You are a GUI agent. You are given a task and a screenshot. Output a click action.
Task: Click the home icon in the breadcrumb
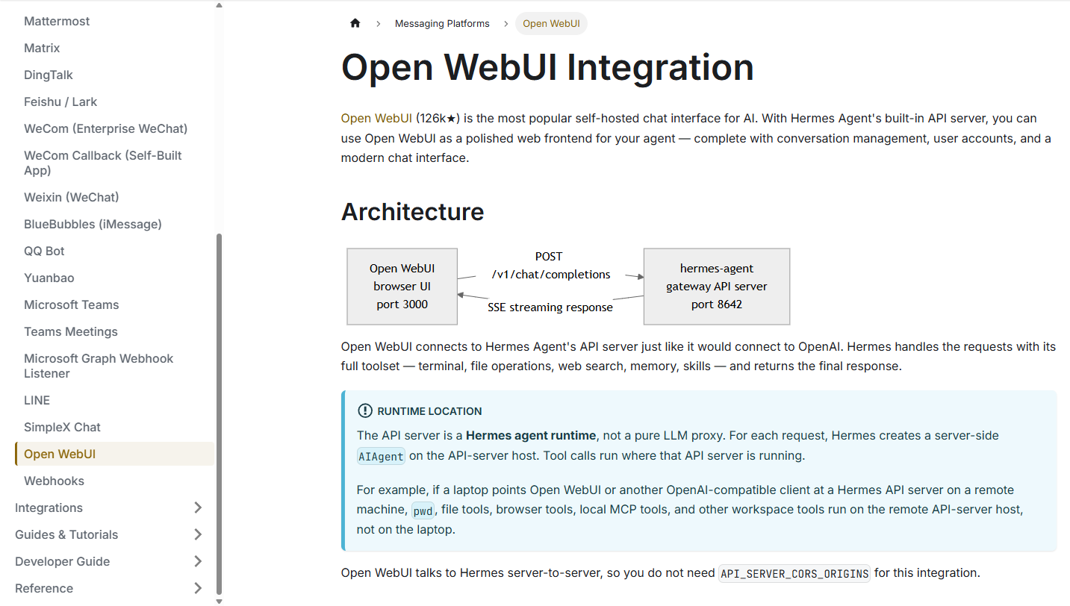355,23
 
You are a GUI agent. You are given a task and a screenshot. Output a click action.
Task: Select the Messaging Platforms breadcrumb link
442,23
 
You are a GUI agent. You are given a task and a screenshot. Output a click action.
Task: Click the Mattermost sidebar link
57,21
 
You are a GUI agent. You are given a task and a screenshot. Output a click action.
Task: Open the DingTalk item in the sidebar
49,75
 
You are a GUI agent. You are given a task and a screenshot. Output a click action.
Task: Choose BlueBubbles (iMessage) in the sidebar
93,224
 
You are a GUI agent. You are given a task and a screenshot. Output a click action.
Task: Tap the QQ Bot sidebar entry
44,251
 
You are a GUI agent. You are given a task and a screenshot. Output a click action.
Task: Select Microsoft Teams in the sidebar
71,304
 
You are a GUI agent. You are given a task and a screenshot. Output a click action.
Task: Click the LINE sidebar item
37,400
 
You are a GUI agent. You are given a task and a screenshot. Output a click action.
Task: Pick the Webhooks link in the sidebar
54,481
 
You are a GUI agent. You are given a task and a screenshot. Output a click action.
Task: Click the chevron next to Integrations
198,507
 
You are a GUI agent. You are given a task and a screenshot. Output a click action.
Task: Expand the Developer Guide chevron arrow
198,561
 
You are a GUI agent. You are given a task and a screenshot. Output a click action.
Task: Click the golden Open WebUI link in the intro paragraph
376,119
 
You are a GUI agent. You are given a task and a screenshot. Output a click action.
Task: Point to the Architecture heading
412,211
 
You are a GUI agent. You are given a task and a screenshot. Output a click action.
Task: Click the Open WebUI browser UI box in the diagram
402,287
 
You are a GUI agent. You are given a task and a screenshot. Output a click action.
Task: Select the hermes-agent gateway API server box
717,287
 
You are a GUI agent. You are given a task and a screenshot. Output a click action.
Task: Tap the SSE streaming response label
550,307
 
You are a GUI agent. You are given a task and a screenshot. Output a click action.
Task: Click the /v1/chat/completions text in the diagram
551,275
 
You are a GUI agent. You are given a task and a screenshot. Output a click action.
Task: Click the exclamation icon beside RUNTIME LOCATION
365,410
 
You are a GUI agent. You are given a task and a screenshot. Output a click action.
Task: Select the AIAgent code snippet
381,456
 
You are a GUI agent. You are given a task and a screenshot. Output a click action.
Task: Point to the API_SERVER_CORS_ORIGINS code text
794,573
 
